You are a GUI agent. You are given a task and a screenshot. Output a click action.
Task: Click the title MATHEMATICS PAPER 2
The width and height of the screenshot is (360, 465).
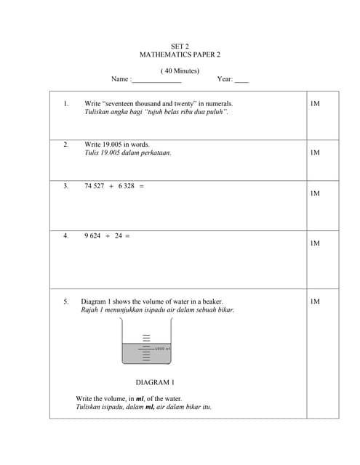pos(180,54)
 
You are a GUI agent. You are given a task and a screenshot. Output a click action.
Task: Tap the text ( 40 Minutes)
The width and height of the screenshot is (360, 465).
pos(180,70)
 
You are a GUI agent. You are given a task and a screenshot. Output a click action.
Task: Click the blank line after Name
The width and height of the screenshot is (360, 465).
pos(156,80)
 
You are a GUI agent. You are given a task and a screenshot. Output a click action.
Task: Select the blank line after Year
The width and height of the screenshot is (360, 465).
pos(241,80)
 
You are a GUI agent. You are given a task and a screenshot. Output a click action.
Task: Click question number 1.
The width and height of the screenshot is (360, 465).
pos(65,104)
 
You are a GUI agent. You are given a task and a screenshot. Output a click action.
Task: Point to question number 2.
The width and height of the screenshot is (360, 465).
pos(65,145)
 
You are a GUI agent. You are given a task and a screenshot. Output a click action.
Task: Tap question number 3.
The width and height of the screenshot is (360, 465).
pos(65,186)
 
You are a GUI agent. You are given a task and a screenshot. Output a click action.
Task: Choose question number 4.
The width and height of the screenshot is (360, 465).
pos(65,235)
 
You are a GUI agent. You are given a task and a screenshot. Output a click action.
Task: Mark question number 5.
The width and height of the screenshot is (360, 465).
pos(65,301)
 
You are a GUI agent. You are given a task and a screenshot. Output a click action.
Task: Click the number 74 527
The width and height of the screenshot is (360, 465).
pos(94,186)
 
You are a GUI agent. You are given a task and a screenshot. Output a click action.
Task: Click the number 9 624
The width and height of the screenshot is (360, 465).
pos(92,235)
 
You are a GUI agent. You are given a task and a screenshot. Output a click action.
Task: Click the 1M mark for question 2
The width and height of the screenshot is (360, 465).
pos(314,153)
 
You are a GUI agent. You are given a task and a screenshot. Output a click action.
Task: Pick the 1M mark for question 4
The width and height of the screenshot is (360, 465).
pos(314,243)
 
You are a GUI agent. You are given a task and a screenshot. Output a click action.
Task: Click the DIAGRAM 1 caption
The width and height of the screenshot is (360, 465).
pos(155,381)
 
